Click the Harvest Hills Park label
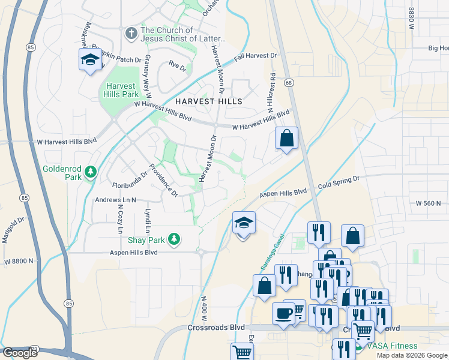click(x=122, y=90)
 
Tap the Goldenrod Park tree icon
click(x=90, y=173)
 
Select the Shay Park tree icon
click(x=174, y=239)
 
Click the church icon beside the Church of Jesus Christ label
click(x=131, y=34)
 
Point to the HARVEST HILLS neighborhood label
click(x=209, y=101)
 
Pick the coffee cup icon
click(x=283, y=313)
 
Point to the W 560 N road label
click(x=432, y=203)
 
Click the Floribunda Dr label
click(x=130, y=180)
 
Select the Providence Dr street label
click(x=163, y=181)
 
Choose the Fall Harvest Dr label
click(x=256, y=56)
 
